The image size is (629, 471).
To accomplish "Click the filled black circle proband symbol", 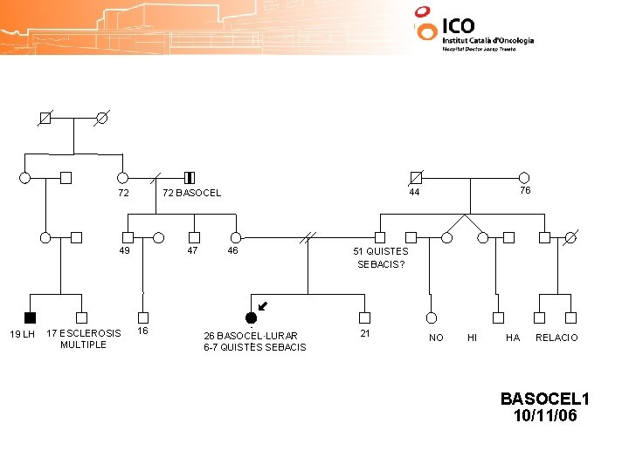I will [251, 317].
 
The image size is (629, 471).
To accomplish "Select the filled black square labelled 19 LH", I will [31, 317].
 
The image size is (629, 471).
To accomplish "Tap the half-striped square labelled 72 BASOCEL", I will [190, 178].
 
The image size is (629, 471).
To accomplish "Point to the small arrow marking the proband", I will [262, 306].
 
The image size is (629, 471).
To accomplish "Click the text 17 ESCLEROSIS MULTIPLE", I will [84, 338].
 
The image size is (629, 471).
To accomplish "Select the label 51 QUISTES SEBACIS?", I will [381, 257].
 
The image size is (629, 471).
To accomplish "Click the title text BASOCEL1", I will [545, 399].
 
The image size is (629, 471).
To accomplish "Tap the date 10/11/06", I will [545, 416].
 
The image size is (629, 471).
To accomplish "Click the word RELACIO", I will [556, 338].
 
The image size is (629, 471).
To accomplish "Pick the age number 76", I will [525, 190].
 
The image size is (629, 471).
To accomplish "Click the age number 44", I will [414, 192].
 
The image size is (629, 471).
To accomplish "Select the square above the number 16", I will [143, 317].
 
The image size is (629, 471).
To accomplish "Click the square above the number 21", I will [364, 317].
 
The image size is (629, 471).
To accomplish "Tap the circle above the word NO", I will [431, 317].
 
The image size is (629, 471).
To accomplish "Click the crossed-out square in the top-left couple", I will [45, 117].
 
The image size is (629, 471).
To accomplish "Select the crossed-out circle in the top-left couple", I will [101, 117].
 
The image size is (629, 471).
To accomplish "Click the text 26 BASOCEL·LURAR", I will [251, 336].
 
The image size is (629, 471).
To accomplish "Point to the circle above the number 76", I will [524, 177].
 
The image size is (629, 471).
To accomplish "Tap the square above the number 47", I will [195, 236].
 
